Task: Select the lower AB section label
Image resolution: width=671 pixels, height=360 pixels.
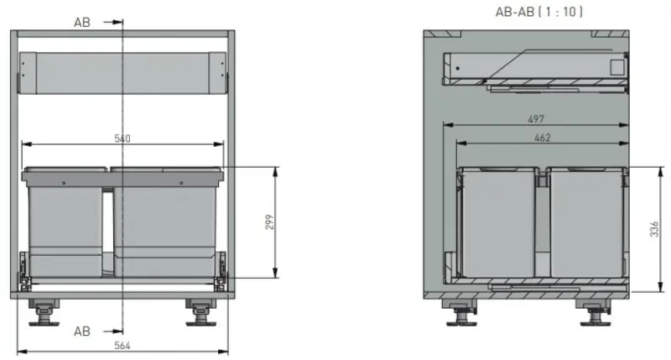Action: (x=81, y=331)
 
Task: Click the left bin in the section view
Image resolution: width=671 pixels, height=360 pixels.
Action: (x=497, y=222)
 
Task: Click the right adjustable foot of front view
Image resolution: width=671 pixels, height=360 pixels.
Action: (x=201, y=312)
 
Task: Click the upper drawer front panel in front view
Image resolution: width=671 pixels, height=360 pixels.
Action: (x=123, y=74)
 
